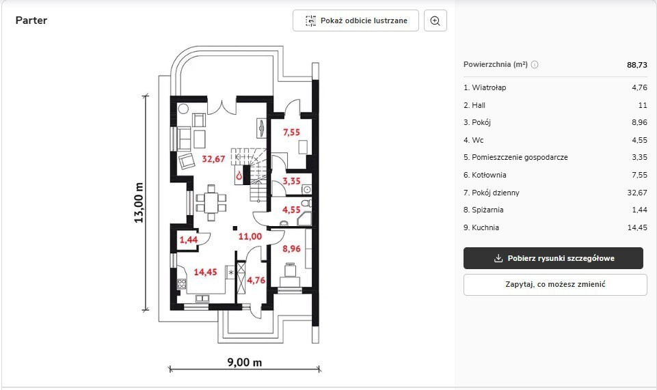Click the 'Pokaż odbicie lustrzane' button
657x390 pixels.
(356, 20)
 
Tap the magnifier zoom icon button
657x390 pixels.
(435, 20)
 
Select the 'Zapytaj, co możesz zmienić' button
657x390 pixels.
(555, 285)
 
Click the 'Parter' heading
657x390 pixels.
(31, 20)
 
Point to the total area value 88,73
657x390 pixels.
(637, 65)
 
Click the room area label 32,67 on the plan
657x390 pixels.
(214, 159)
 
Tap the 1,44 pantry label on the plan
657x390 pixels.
(189, 240)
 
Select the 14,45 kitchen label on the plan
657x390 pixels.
(205, 272)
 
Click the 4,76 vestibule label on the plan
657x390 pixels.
(256, 280)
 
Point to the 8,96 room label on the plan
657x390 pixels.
(292, 249)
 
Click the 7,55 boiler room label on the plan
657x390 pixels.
(292, 133)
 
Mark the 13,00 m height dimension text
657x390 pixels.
(139, 203)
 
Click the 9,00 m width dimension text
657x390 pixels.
(245, 363)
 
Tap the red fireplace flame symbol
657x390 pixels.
(239, 176)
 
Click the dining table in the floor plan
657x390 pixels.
(211, 203)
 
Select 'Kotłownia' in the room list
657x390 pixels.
(485, 175)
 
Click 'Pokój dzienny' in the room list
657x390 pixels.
(492, 193)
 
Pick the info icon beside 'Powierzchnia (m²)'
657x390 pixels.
(535, 64)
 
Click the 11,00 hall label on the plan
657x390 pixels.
(250, 237)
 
